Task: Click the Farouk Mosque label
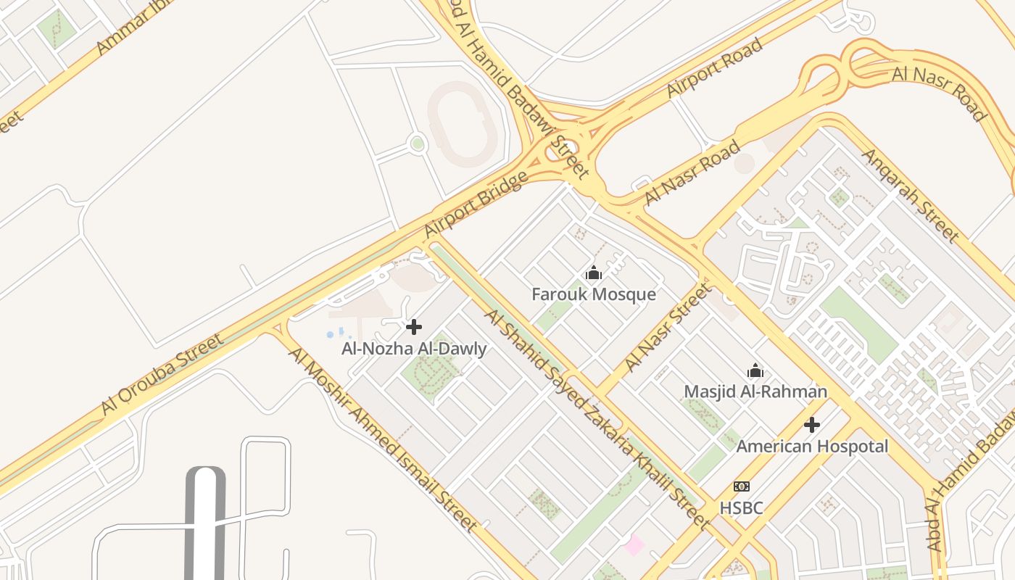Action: (593, 294)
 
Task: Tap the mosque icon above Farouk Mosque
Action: (594, 273)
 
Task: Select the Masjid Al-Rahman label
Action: (755, 391)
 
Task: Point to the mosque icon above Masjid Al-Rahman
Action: (755, 371)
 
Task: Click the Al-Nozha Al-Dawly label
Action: (414, 349)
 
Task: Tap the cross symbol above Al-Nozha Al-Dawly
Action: (414, 327)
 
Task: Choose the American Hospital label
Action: (812, 446)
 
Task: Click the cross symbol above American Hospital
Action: (812, 424)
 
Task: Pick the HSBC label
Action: (741, 507)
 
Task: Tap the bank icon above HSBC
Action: (741, 486)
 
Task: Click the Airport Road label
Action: (715, 67)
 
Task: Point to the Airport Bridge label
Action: (476, 205)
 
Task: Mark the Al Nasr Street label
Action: (668, 328)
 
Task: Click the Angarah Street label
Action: (910, 196)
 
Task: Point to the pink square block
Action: (634, 544)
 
